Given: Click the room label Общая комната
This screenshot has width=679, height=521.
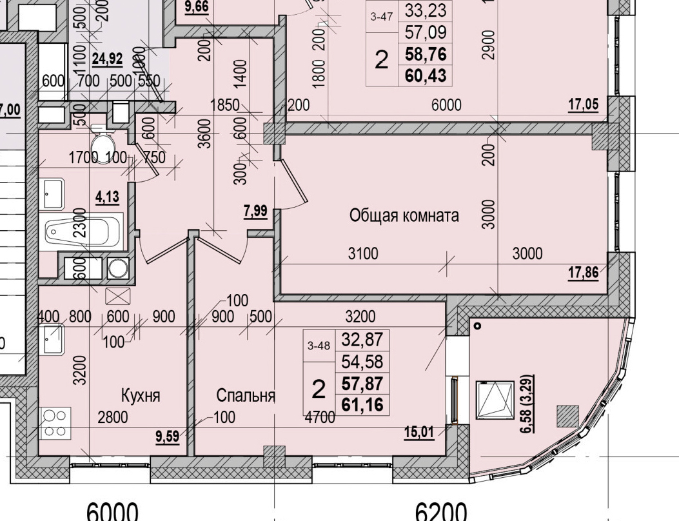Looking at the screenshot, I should pos(404,215).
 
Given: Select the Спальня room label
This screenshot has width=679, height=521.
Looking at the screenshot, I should pos(246,395).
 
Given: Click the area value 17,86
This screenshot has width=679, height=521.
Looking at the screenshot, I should pos(582,273).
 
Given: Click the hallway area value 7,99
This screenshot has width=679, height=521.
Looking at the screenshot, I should pos(255,210).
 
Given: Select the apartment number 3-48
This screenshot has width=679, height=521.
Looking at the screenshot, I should pos(319,346).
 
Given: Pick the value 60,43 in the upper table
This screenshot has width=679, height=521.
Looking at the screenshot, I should pos(425,75).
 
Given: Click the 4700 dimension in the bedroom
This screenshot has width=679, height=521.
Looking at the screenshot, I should pos(320,417).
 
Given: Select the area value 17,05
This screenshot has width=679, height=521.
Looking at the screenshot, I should pos(582,104).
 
